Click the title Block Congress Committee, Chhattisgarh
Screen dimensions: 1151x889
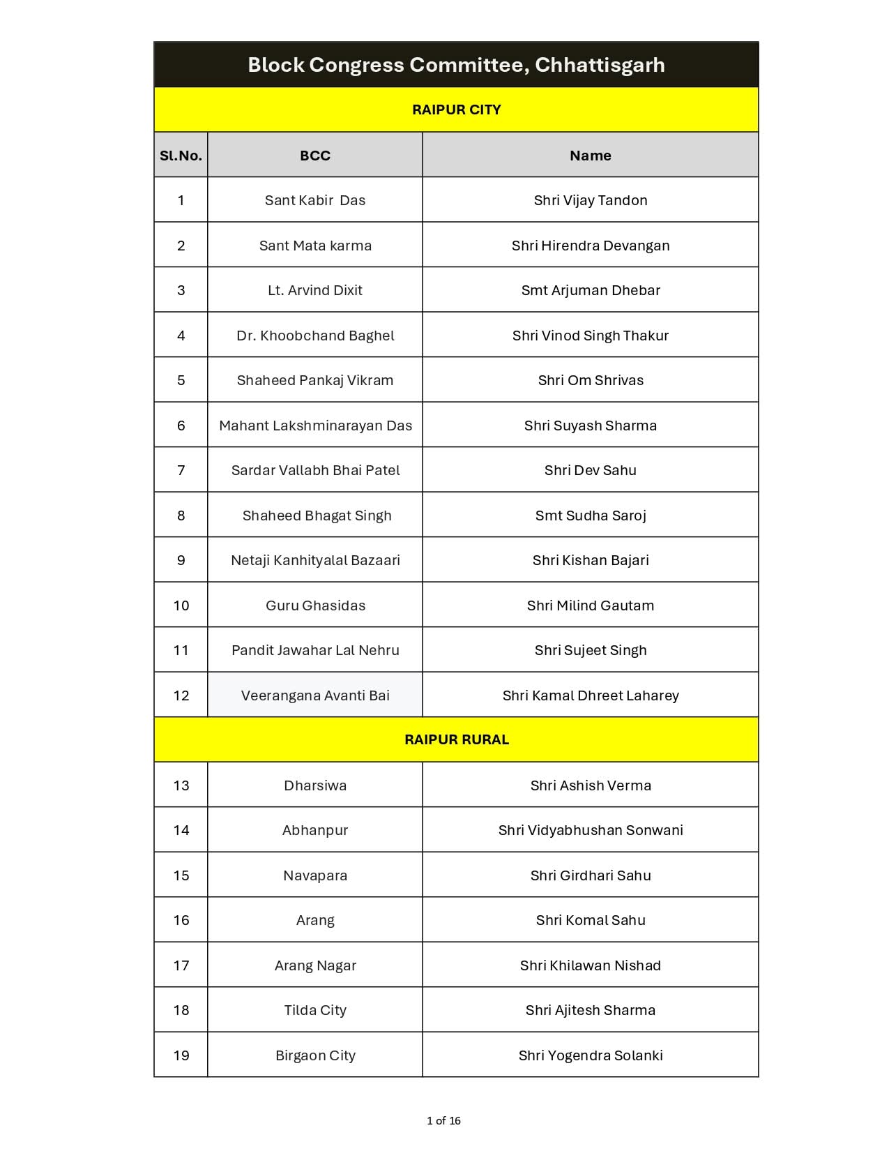click(456, 65)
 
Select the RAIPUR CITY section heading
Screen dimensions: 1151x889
click(456, 110)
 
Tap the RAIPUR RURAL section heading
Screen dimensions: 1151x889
click(456, 739)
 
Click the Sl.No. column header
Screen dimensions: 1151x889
click(181, 156)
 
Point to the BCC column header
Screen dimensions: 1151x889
click(315, 156)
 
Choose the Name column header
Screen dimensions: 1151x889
click(590, 156)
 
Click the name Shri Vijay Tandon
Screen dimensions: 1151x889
click(590, 200)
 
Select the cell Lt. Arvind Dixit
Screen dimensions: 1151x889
click(315, 290)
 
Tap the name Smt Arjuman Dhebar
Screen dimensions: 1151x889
click(590, 290)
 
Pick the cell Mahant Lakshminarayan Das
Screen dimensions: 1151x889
click(315, 426)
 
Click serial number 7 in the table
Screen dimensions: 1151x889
click(181, 470)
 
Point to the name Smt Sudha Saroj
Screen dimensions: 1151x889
click(590, 516)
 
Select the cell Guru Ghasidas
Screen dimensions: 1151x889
click(315, 605)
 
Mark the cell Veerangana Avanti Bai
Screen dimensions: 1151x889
click(315, 695)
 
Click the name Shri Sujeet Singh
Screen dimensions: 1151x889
click(590, 650)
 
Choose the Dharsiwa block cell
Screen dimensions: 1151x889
click(315, 785)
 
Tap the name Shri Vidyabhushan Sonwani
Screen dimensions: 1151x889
click(590, 830)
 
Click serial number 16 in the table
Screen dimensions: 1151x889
click(181, 920)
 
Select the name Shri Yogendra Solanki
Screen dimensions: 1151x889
click(590, 1055)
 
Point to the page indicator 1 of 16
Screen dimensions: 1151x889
click(443, 1121)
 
